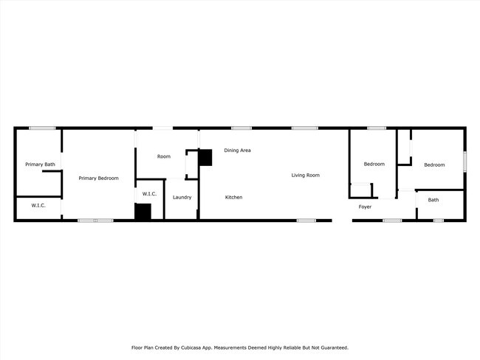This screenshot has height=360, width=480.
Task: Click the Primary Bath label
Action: tap(40, 165)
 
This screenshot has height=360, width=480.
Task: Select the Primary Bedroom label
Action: tap(98, 178)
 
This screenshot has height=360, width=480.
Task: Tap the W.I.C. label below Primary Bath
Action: tap(38, 205)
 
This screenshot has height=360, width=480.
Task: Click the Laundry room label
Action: tap(182, 197)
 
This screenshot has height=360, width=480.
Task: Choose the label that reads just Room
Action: tap(163, 156)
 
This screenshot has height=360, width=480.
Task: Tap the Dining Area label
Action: tap(237, 150)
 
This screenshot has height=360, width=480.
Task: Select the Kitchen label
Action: tap(233, 197)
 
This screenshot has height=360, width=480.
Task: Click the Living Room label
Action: tap(305, 175)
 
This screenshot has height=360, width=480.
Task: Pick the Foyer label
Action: tap(365, 207)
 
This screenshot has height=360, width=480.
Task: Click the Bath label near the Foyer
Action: tap(433, 200)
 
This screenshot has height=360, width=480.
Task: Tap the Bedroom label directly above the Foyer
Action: tap(374, 164)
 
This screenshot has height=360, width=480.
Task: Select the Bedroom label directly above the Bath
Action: tap(433, 165)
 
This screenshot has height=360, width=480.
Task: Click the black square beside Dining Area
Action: tap(205, 156)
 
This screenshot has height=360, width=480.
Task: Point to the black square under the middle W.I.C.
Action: tap(143, 212)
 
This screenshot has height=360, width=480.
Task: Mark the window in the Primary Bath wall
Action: tap(42, 128)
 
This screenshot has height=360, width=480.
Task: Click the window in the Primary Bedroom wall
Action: tap(95, 221)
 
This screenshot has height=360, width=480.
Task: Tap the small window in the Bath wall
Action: tap(438, 221)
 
